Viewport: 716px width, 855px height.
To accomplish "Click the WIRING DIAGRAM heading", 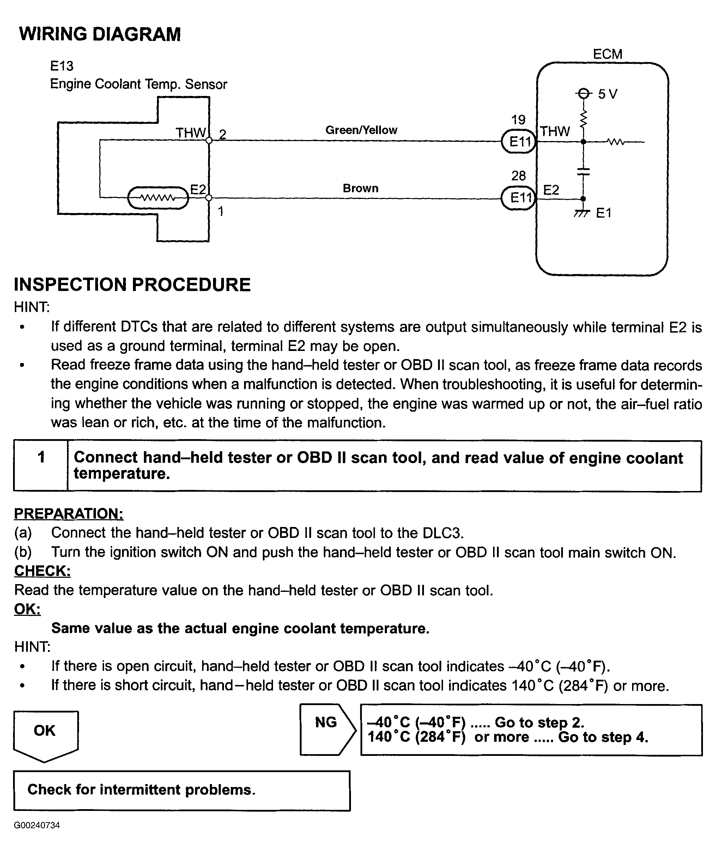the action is pos(100,34).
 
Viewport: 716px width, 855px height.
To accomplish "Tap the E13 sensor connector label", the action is pos(61,66).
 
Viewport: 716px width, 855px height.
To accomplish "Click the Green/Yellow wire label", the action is pos(361,130).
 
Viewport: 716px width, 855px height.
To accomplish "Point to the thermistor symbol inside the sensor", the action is pos(158,198).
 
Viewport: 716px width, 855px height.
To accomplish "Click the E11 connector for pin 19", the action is pos(519,141).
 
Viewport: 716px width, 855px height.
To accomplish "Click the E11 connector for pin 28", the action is pos(519,198).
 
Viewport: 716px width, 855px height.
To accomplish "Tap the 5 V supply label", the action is pos(607,95).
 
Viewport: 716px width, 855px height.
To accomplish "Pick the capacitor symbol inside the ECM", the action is pos(583,171).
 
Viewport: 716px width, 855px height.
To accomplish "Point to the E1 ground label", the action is pos(603,213).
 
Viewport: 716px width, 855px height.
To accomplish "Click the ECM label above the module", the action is pos(607,54).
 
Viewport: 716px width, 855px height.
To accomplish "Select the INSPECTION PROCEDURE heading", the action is pos(132,285).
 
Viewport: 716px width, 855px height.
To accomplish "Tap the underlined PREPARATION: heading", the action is pos(69,514).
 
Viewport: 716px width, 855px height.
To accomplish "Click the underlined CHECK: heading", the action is pos(42,571).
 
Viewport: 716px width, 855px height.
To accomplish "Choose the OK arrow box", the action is pos(45,736).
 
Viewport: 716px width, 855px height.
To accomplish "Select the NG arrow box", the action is pos(328,729).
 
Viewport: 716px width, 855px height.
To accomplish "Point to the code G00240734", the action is pos(37,825).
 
